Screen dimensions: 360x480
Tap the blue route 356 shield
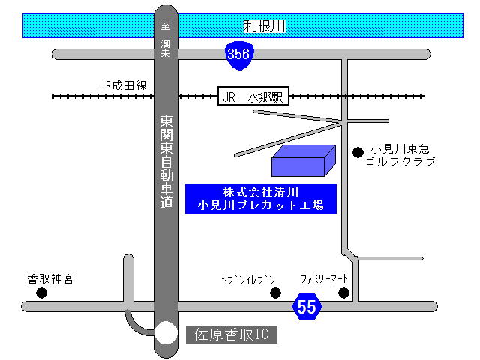pyautogui.click(x=238, y=55)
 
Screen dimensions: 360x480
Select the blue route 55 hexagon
pyautogui.click(x=306, y=306)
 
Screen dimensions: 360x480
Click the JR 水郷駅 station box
pyautogui.click(x=253, y=97)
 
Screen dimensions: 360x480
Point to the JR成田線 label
pyautogui.click(x=124, y=85)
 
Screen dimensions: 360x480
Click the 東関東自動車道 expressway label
pyautogui.click(x=166, y=162)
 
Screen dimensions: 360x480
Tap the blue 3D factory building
pyautogui.click(x=302, y=162)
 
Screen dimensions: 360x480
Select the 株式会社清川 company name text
pyautogui.click(x=260, y=190)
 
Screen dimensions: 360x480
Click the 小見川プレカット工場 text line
pyautogui.click(x=260, y=204)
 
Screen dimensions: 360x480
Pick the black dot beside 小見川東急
pyautogui.click(x=358, y=152)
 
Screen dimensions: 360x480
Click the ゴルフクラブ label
pyautogui.click(x=400, y=161)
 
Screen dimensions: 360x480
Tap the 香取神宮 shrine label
pyautogui.click(x=51, y=279)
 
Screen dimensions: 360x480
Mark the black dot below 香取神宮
pyautogui.click(x=41, y=292)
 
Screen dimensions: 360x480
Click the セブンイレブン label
pyautogui.click(x=244, y=279)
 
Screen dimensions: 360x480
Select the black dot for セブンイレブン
pyautogui.click(x=275, y=292)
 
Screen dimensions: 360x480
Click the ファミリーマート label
pyautogui.click(x=325, y=278)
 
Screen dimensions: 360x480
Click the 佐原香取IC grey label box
pyautogui.click(x=231, y=334)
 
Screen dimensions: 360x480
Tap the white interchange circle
pyautogui.click(x=166, y=333)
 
